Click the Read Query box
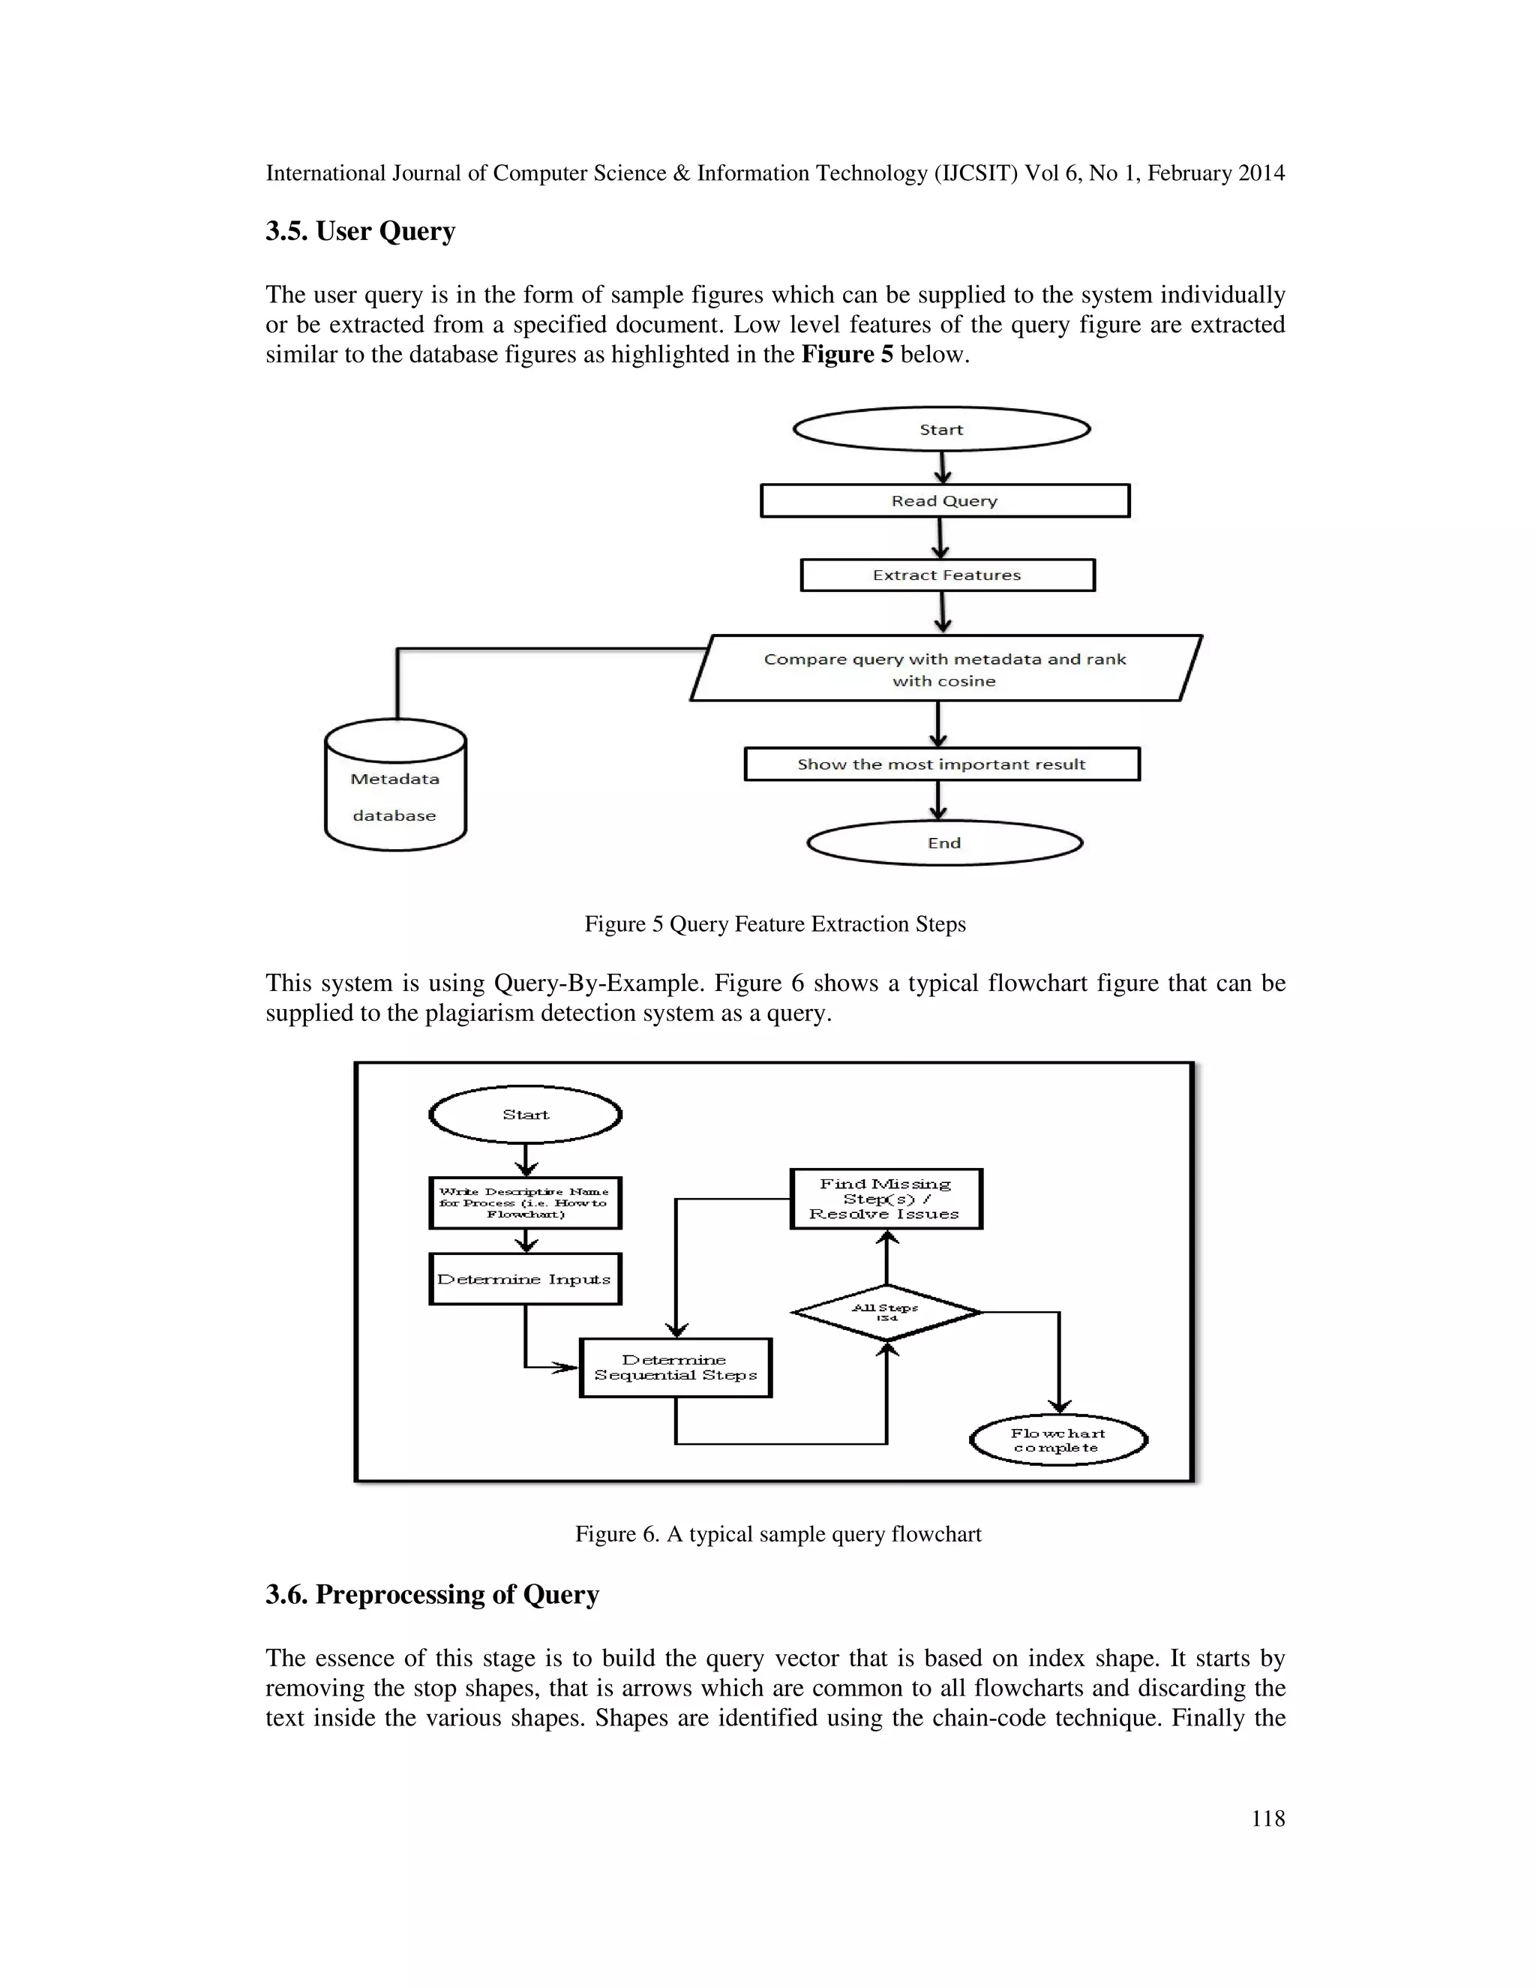[944, 500]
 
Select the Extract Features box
[946, 575]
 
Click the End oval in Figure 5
[944, 843]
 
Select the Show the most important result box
[941, 764]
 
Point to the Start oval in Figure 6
[525, 1114]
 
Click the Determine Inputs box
[524, 1279]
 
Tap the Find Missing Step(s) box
[886, 1199]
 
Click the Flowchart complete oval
[1057, 1440]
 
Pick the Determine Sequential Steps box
[675, 1367]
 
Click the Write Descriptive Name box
[524, 1203]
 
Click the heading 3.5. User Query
[360, 231]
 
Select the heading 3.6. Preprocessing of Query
[432, 1594]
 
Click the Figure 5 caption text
[774, 924]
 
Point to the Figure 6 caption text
[778, 1534]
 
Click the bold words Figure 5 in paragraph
[846, 354]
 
